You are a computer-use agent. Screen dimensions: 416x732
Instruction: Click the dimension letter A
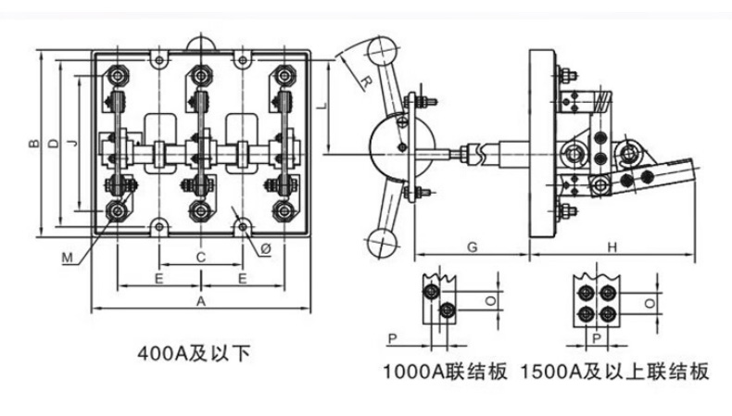(201, 303)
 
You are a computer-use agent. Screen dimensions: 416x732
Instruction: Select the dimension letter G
(472, 247)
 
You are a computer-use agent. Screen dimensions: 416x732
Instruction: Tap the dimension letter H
(612, 247)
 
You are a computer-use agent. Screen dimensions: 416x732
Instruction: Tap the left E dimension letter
(159, 277)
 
